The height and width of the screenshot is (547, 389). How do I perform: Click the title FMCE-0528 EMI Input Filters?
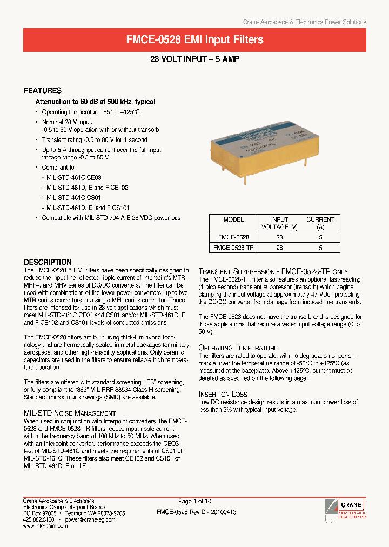(194, 40)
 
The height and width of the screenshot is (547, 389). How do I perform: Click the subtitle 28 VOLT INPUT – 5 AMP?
(194, 59)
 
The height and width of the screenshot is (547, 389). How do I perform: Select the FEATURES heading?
(43, 90)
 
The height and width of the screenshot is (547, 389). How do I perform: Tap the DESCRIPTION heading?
(48, 262)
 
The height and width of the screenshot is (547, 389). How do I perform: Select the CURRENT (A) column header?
(320, 223)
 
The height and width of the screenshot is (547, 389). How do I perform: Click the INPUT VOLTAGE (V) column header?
(279, 223)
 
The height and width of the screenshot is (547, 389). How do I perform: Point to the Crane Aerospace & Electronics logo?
(345, 509)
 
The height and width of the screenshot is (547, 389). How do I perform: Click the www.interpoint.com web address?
(45, 525)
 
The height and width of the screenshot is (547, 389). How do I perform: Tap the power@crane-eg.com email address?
(90, 519)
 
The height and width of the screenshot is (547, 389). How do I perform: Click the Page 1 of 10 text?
(196, 501)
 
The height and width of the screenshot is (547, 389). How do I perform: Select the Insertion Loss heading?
(223, 394)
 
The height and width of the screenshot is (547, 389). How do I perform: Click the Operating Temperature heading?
(238, 348)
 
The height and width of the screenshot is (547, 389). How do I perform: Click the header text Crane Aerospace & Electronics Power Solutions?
(304, 22)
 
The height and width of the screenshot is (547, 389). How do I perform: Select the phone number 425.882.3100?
(38, 519)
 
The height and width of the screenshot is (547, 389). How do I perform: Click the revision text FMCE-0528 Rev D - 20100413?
(196, 512)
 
